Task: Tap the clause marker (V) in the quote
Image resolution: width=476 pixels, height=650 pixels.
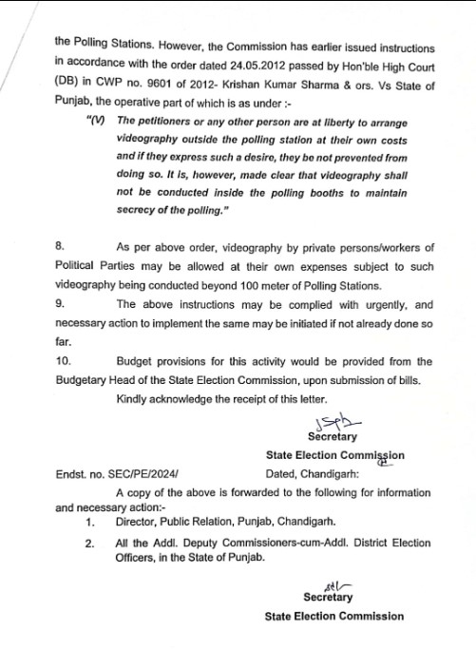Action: (96, 121)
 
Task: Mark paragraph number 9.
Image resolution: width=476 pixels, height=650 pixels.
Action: (59, 305)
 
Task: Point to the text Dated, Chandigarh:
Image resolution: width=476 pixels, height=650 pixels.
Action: (312, 472)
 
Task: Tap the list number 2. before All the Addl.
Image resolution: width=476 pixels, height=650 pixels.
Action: (89, 545)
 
